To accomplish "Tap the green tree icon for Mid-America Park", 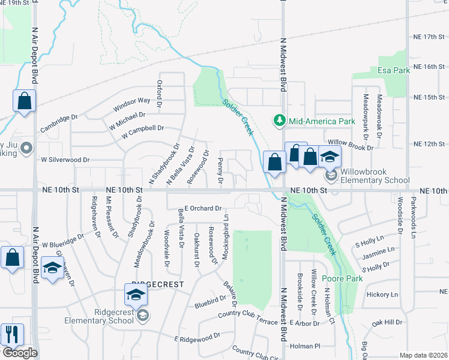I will pos(279,121).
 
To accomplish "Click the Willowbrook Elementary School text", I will pos(375,175).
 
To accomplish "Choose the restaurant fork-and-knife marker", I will pos(12,334).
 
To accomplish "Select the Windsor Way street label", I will pos(131,104).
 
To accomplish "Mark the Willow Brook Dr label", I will pos(351,144).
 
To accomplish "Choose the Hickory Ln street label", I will pos(382,295).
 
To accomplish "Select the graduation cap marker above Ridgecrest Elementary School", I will pos(136,294).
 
